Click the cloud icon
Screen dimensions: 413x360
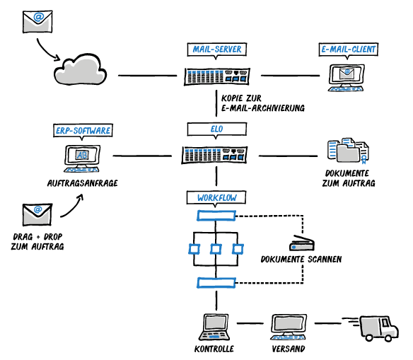tap(81, 69)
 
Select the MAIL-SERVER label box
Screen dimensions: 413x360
tap(217, 50)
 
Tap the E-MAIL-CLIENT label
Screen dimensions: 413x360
tap(348, 50)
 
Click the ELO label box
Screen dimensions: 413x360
tap(217, 129)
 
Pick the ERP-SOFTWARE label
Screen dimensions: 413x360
tap(83, 131)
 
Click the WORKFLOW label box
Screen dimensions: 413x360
tap(216, 198)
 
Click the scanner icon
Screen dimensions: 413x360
tap(302, 243)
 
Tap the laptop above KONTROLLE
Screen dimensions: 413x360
tap(215, 327)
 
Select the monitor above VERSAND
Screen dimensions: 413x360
tap(289, 327)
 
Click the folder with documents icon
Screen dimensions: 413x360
tap(348, 150)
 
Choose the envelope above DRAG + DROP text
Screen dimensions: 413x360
tap(37, 214)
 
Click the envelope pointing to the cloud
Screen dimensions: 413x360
tap(37, 22)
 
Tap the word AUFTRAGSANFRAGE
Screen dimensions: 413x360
tap(83, 183)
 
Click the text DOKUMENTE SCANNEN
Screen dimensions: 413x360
tap(301, 260)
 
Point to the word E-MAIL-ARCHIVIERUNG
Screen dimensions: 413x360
tap(263, 108)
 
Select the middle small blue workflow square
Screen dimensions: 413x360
tap(216, 249)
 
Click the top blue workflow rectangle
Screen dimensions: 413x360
tap(216, 216)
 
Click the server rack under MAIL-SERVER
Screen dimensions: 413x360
tap(217, 76)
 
